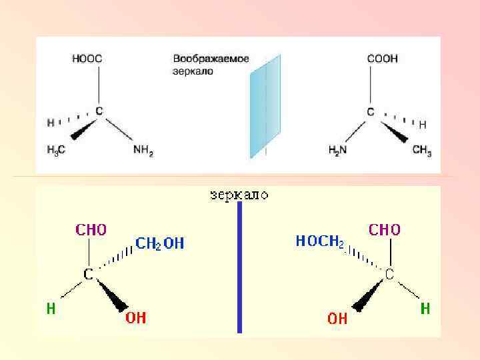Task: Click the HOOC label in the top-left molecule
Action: [87, 59]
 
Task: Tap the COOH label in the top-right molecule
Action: [382, 59]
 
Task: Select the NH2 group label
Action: [143, 151]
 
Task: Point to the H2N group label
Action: [339, 151]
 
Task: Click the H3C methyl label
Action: [56, 151]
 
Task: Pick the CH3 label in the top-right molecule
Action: [422, 151]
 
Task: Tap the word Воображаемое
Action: [211, 59]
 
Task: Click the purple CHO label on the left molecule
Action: [91, 230]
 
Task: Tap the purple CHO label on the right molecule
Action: [385, 230]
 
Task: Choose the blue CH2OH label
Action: [160, 244]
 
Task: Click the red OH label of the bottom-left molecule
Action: [136, 318]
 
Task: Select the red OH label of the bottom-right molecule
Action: [337, 319]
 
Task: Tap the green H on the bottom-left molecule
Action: [50, 309]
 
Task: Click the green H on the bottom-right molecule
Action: [425, 309]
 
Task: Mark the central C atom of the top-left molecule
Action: [99, 111]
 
